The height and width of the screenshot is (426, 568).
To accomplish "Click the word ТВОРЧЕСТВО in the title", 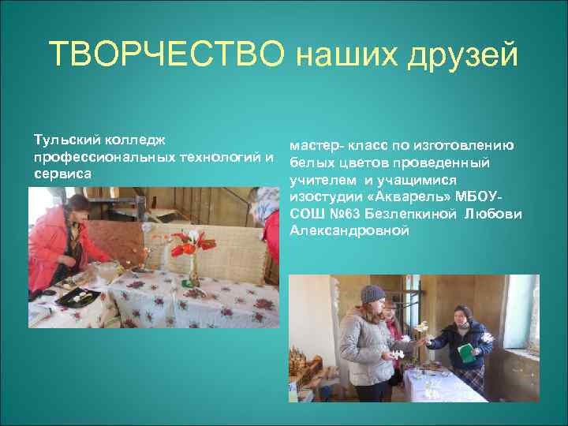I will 166,55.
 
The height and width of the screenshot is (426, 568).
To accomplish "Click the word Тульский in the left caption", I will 62,140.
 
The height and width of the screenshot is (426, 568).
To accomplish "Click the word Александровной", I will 349,230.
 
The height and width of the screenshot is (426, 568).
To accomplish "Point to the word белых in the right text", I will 309,163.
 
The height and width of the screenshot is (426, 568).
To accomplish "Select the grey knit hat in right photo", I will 372,294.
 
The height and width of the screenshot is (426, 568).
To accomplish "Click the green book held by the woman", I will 468,353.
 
